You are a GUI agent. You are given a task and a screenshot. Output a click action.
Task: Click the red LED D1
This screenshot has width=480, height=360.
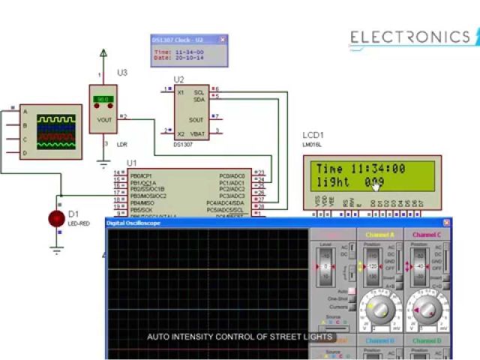click(x=56, y=218)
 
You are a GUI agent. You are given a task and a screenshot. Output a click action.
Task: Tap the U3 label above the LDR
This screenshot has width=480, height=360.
click(x=122, y=73)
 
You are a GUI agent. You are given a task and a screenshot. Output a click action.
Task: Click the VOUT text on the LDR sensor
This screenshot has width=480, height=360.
click(x=103, y=118)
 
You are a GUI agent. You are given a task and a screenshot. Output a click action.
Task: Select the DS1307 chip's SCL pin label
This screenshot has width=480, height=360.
click(x=199, y=92)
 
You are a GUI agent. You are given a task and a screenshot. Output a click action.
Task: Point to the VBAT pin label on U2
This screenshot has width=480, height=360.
click(x=196, y=133)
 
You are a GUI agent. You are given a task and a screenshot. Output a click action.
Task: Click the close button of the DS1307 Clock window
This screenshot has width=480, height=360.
click(x=222, y=40)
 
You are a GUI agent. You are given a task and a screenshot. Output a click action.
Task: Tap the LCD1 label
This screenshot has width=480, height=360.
click(x=313, y=135)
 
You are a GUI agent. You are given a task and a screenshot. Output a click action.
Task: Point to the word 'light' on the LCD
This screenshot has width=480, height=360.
click(x=333, y=182)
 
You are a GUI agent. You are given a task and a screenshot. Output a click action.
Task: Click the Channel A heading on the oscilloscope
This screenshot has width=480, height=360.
click(x=379, y=235)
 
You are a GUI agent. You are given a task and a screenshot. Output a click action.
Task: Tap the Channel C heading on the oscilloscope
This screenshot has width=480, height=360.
click(x=427, y=235)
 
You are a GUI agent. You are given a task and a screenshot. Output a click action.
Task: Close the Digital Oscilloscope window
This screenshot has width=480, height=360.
click(x=446, y=223)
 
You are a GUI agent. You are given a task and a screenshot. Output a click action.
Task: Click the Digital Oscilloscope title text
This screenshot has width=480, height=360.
click(x=133, y=223)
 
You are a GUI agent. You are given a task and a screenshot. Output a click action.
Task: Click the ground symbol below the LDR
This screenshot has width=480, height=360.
click(x=103, y=160)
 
